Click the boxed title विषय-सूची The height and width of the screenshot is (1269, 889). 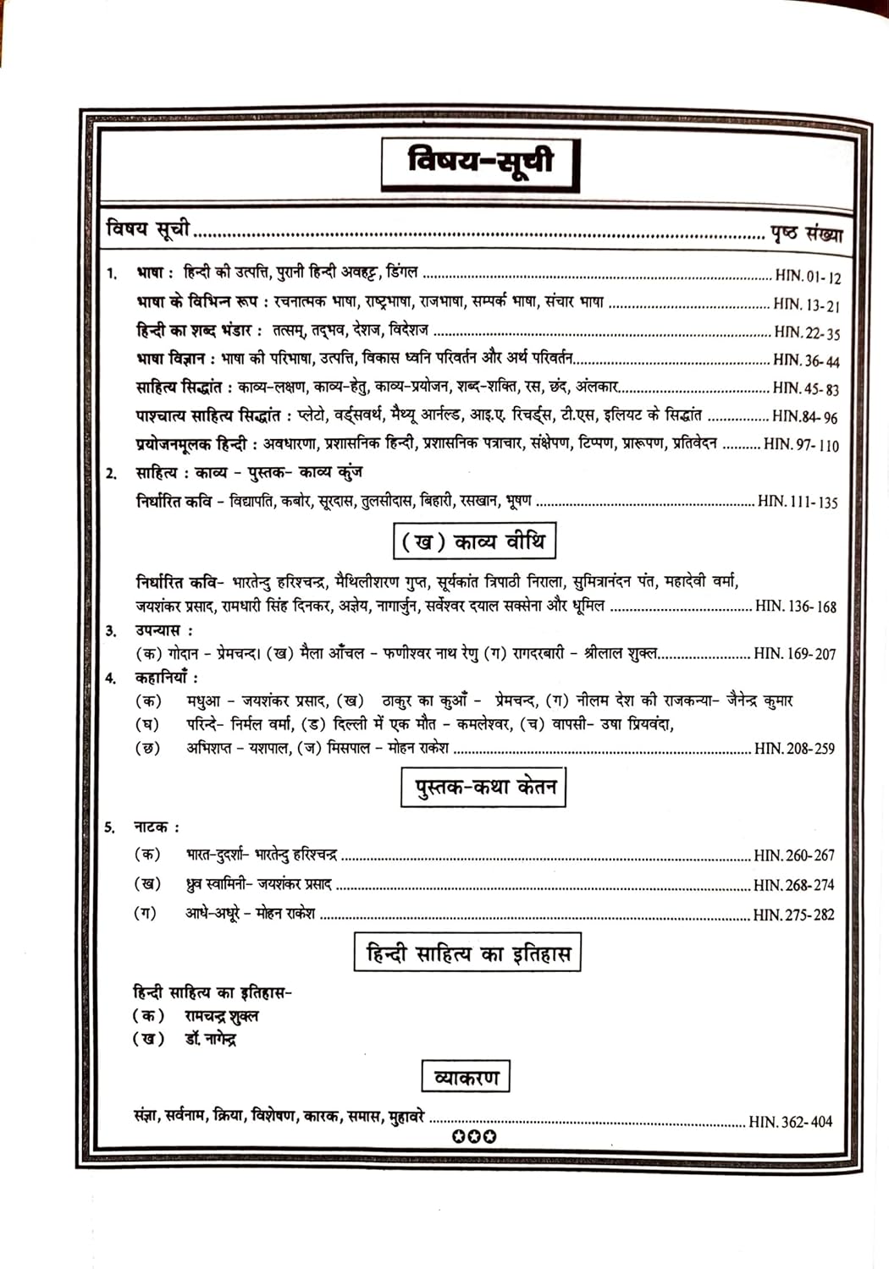click(480, 162)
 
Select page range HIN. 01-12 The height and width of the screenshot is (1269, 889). click(808, 277)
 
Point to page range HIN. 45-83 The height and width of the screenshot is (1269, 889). click(805, 388)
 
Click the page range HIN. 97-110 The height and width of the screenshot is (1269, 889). click(801, 444)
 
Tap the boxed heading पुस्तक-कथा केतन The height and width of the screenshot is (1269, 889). click(483, 788)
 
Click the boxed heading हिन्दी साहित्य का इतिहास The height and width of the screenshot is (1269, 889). click(467, 954)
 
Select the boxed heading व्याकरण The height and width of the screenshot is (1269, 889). click(466, 1077)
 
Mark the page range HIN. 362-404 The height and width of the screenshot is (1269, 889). click(791, 1122)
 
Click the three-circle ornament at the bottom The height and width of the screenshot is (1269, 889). click(474, 1136)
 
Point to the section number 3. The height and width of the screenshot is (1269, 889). click(111, 631)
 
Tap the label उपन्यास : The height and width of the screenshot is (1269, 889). click(163, 630)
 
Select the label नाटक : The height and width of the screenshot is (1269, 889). click(157, 827)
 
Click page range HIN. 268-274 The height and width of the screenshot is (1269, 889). click(794, 885)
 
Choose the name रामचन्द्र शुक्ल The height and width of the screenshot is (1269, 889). click(222, 1016)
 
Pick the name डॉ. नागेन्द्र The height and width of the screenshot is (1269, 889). click(211, 1039)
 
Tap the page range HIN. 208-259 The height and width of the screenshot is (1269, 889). click(794, 749)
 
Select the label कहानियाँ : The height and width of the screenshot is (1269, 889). click(167, 678)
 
